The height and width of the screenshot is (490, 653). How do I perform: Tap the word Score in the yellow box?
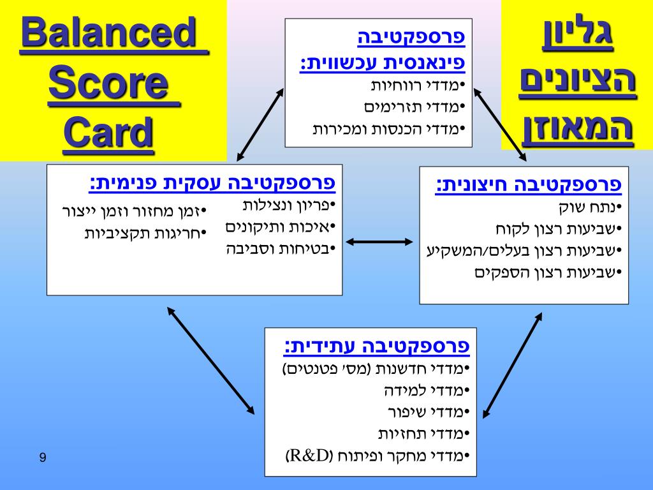114,84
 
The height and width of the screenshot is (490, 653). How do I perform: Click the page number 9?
43,457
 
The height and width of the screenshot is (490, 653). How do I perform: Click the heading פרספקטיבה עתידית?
377,346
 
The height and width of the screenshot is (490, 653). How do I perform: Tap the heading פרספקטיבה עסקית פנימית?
212,184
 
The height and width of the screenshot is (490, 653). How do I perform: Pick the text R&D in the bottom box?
311,456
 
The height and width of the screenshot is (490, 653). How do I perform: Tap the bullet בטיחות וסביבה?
281,249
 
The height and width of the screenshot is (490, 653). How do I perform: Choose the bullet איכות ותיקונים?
281,227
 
